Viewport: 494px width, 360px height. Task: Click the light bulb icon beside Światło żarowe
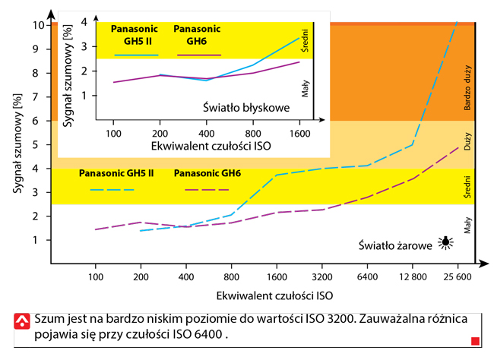[445, 244]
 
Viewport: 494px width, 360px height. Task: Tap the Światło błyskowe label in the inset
[246, 108]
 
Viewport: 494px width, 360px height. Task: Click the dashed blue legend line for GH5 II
[112, 189]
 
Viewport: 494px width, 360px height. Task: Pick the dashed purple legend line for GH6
[201, 189]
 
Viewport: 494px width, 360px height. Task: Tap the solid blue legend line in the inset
[136, 55]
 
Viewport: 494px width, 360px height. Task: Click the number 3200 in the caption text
[334, 318]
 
